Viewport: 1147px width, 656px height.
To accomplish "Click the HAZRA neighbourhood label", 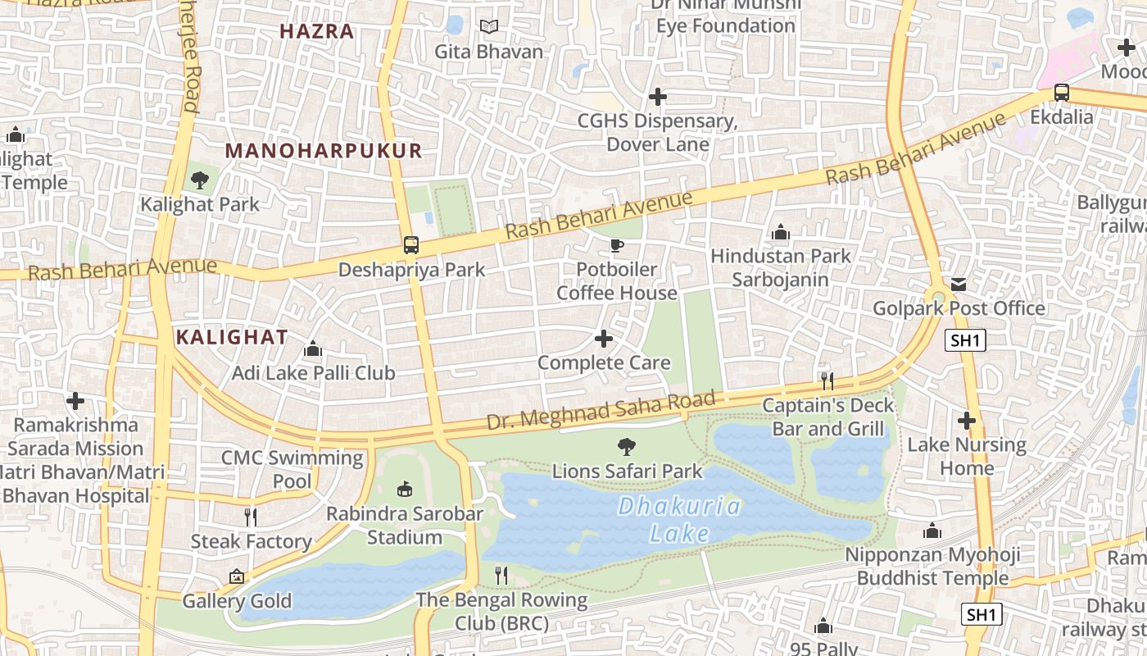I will tap(317, 32).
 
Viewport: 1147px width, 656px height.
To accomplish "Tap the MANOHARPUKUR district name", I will tap(324, 151).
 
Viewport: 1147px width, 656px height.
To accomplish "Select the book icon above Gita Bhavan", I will tap(489, 27).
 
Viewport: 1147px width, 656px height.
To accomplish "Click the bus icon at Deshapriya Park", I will tap(411, 244).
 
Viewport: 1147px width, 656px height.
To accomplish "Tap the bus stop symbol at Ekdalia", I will tap(1062, 92).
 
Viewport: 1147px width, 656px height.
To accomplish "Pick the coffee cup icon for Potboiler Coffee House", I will tap(617, 245).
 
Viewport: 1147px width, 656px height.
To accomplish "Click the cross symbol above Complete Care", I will tap(604, 339).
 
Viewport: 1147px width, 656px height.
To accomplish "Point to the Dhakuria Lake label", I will tap(679, 520).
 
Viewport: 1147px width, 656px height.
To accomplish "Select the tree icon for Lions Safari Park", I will tap(627, 447).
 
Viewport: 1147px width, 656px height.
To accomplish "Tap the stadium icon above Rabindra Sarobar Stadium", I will tap(404, 490).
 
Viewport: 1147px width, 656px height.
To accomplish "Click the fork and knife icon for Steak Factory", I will tap(251, 517).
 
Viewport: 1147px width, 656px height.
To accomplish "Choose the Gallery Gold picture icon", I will tap(237, 577).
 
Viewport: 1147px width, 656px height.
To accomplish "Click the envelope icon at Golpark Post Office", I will tap(959, 285).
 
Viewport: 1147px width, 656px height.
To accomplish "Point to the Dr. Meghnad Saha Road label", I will tap(601, 411).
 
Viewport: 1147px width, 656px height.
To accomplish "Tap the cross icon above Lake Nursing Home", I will tap(967, 421).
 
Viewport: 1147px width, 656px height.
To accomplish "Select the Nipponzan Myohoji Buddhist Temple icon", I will tap(932, 531).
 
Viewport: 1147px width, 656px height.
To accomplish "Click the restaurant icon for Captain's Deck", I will tap(827, 380).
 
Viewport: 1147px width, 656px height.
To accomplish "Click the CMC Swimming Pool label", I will tap(292, 469).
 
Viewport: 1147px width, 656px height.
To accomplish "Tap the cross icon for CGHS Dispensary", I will tap(657, 97).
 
